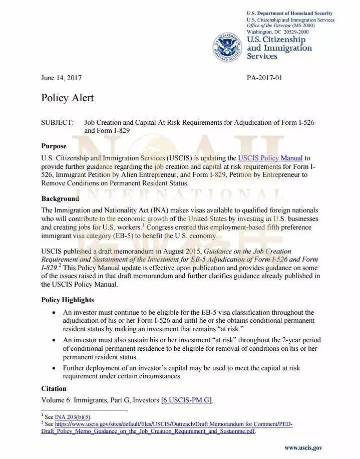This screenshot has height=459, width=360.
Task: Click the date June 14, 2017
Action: [x=61, y=78]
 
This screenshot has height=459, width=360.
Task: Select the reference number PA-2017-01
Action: [x=265, y=78]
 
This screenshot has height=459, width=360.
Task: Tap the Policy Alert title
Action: [x=67, y=98]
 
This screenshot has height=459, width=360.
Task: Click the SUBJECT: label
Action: [x=58, y=123]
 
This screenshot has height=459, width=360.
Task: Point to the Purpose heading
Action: [x=54, y=146]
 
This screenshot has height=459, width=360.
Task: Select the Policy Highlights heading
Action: [x=67, y=300]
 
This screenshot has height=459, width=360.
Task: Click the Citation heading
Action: [x=54, y=388]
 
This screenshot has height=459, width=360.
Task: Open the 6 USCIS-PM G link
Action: [x=187, y=400]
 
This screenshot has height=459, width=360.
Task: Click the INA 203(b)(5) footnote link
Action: [x=73, y=417]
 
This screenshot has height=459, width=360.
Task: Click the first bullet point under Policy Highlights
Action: [x=54, y=313]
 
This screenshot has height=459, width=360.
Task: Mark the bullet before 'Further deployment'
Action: [x=54, y=368]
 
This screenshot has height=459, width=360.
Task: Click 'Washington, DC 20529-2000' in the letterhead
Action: [x=277, y=32]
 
